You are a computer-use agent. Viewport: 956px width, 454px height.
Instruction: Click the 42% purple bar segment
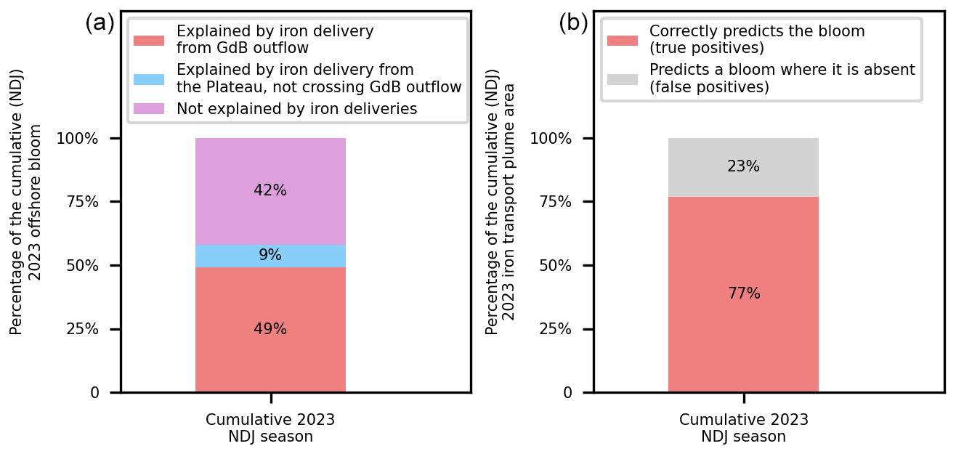(270, 191)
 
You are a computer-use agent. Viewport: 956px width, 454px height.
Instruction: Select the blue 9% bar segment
(270, 256)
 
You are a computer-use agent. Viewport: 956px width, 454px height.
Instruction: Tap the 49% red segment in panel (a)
(270, 330)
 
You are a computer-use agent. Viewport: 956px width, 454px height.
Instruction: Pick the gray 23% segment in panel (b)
(743, 167)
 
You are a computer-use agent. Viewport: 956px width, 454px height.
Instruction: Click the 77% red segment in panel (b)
(743, 294)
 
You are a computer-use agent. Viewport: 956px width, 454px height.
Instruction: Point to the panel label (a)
(100, 23)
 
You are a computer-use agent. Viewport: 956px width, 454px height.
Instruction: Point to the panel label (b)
(573, 23)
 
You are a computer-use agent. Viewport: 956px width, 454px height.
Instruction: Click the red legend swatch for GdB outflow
(149, 41)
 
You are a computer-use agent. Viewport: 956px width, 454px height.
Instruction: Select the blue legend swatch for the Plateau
(149, 79)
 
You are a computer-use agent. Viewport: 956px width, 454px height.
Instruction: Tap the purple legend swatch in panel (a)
(149, 109)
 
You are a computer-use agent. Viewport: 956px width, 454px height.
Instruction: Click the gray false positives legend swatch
(623, 79)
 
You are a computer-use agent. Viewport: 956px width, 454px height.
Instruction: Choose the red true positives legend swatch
(623, 41)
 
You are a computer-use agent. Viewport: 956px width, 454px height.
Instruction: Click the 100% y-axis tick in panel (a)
(82, 139)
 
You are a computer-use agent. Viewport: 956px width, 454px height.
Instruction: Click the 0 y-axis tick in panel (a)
(94, 393)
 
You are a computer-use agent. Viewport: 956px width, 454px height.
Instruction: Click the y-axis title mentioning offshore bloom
(24, 203)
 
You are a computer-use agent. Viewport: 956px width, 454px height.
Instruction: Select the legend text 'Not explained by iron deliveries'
(296, 109)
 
